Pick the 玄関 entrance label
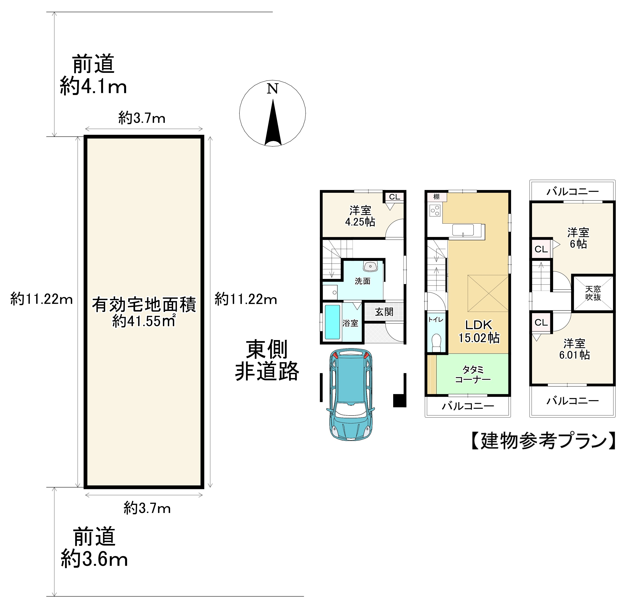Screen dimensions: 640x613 coord(384,312)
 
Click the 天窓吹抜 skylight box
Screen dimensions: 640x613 coord(593,293)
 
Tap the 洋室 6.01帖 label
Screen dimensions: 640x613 coord(574,349)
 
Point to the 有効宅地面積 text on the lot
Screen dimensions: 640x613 coord(144,305)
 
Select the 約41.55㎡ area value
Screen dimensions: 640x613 coord(144,321)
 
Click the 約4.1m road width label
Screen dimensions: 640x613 coord(93,87)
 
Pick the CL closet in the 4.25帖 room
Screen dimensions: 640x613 coord(394,197)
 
